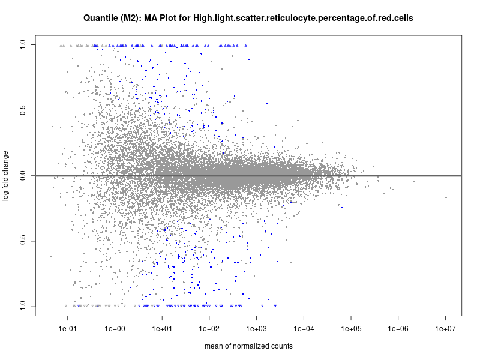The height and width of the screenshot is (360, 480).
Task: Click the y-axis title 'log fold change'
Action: pos(7,176)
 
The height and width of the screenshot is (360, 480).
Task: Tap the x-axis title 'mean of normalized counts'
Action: pos(248,346)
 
